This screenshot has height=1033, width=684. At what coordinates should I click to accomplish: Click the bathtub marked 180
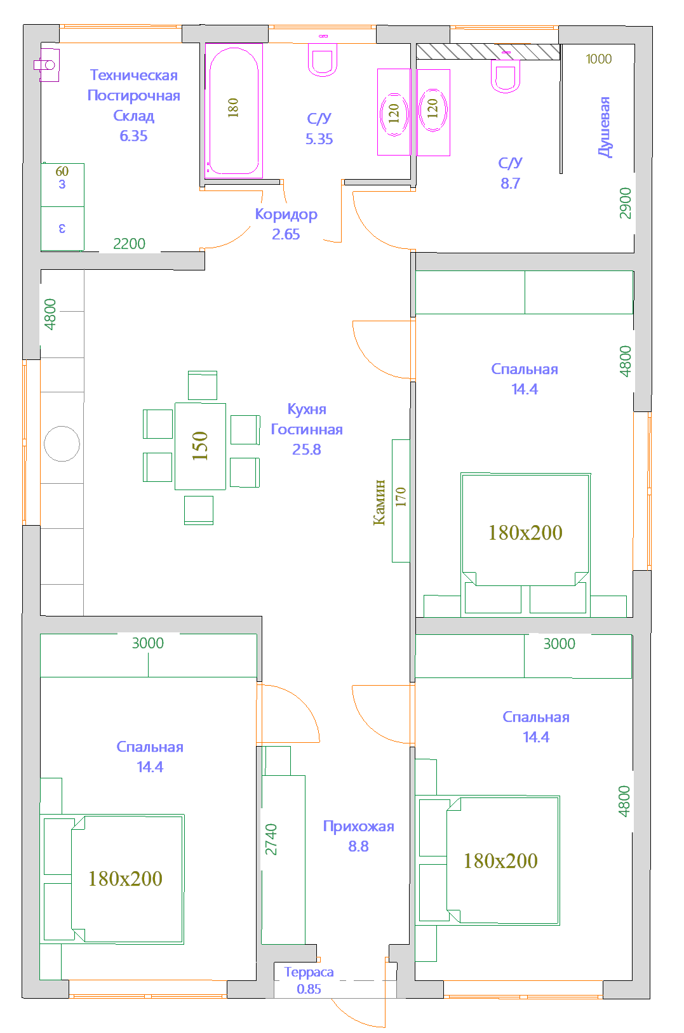(x=234, y=110)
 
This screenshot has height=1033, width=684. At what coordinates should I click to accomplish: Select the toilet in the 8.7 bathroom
(x=506, y=74)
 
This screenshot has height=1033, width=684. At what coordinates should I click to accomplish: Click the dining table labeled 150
(x=200, y=446)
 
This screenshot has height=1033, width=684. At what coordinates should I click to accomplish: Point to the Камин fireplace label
(x=379, y=502)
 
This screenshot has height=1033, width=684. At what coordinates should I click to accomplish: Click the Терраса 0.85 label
(x=309, y=980)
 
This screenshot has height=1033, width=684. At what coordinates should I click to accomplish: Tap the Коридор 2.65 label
(x=286, y=224)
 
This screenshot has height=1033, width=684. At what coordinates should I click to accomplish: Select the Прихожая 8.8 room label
(x=358, y=836)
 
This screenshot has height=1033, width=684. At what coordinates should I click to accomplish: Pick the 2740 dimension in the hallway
(x=271, y=839)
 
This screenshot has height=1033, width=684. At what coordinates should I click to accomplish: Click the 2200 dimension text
(x=129, y=244)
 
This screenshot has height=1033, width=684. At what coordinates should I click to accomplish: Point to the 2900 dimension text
(x=625, y=203)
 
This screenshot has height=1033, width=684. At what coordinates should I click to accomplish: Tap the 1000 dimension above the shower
(x=599, y=59)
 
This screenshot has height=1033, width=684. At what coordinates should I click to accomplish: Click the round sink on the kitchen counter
(x=62, y=444)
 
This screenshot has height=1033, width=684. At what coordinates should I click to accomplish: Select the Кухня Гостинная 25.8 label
(x=307, y=429)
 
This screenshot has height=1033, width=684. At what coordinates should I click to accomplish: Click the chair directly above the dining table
(x=203, y=385)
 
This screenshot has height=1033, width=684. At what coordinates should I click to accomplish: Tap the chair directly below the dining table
(x=199, y=510)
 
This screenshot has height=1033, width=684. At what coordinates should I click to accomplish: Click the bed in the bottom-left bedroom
(x=127, y=879)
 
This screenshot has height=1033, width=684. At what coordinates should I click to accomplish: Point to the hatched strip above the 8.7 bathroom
(x=488, y=51)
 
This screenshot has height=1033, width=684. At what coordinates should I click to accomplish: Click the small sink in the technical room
(x=46, y=65)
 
